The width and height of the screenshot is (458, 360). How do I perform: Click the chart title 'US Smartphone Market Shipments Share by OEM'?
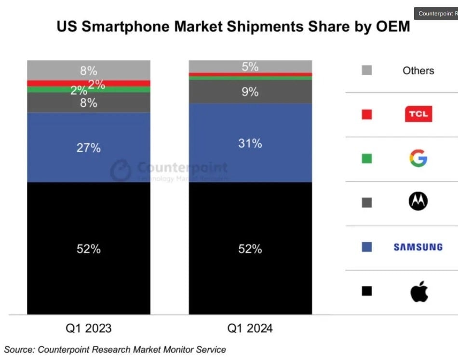coord(233,27)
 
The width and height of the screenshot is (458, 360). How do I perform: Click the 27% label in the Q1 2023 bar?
coord(89,148)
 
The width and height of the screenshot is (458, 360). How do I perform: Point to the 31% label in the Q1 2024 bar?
coord(250,143)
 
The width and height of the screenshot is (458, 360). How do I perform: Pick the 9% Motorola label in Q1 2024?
coord(250,92)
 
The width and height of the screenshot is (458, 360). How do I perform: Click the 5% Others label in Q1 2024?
coord(250,67)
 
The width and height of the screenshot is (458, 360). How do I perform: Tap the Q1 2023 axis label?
coord(89,329)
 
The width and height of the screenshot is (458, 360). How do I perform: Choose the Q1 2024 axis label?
coord(250,329)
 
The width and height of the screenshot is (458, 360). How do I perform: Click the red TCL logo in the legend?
coord(418,114)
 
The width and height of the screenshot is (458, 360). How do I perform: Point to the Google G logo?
coord(418,158)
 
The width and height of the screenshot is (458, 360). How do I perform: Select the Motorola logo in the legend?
coord(418,201)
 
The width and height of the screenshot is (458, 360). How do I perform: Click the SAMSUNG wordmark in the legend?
coord(418,247)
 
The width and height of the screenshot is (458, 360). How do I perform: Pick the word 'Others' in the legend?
coord(418,70)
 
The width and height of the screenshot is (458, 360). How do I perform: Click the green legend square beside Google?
coord(367,158)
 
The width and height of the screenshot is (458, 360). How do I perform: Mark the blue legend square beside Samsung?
coord(367,247)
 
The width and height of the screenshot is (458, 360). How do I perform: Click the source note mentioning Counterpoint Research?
coord(115,349)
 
